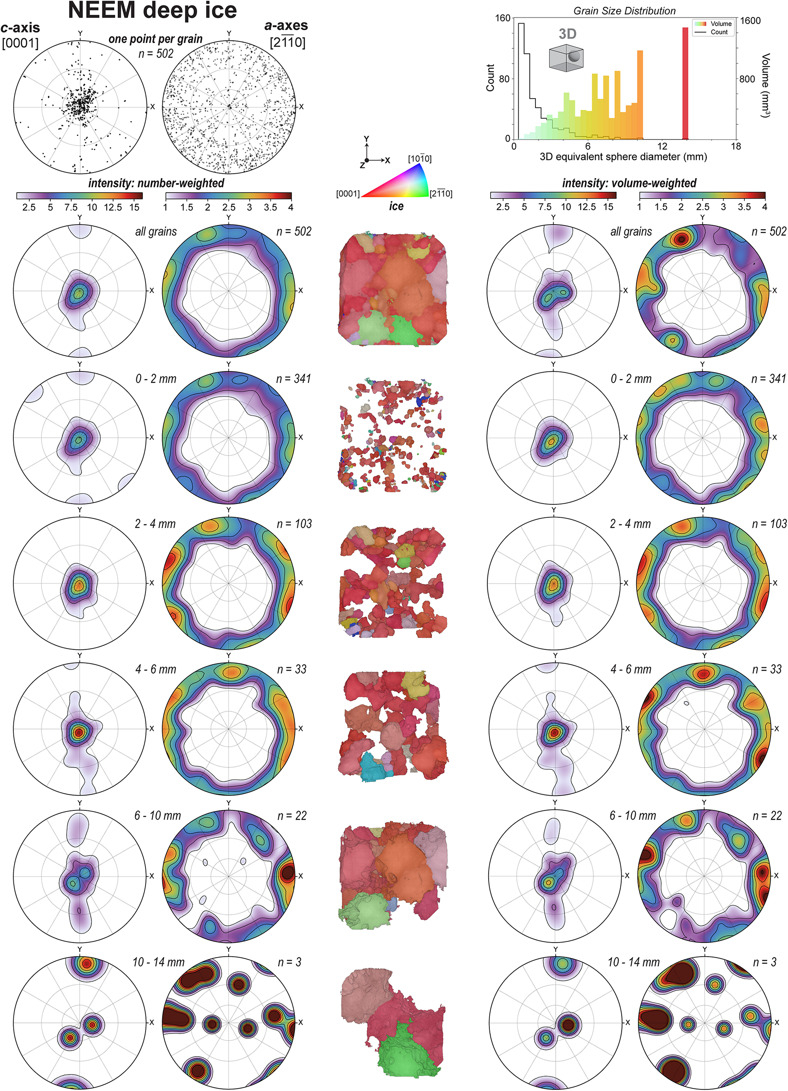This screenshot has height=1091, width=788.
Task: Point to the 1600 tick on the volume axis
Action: coord(750,21)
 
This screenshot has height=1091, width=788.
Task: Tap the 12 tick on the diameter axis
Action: coord(662,146)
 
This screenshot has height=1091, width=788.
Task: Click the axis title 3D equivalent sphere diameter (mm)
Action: coord(623,157)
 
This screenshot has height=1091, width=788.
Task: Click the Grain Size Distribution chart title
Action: coord(624,11)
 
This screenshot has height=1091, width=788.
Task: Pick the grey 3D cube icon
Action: coord(566,58)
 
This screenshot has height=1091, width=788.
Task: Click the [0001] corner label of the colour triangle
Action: coord(348,194)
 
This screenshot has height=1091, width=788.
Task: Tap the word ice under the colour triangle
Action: coord(396,206)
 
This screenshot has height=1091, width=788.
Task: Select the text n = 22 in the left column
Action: coord(292,816)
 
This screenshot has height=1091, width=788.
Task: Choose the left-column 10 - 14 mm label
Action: coord(158,962)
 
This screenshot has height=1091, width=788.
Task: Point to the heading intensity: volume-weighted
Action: coord(629,183)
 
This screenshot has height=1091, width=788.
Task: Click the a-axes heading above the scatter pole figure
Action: coord(286,26)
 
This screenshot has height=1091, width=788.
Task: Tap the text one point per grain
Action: coord(156,39)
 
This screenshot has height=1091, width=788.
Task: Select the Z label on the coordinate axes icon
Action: coord(362,165)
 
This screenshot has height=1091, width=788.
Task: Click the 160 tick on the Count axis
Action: coord(503,18)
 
